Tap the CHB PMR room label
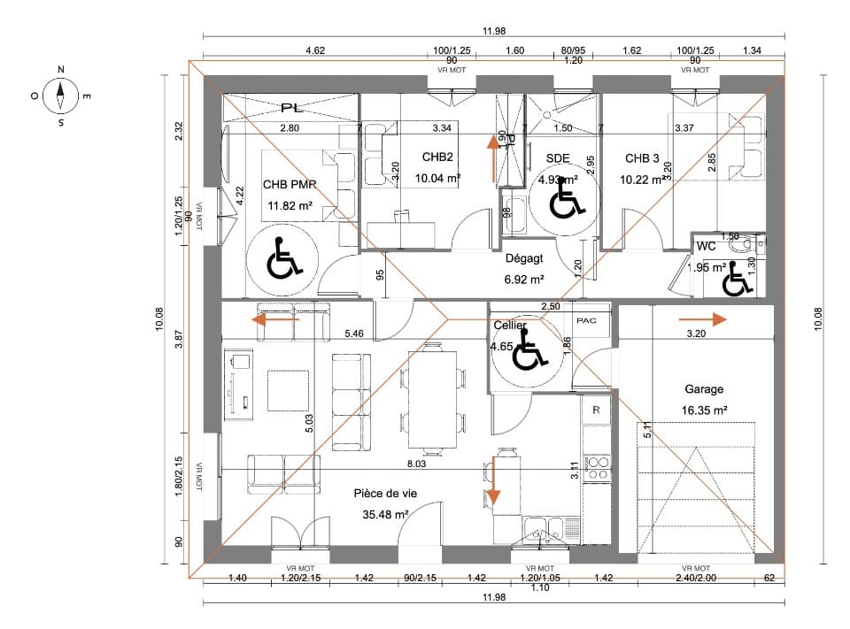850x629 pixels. [x=290, y=186]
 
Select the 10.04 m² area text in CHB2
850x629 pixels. [x=437, y=178]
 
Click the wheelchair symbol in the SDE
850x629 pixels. [x=563, y=198]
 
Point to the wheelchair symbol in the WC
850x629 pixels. [x=734, y=280]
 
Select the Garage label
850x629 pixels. [x=704, y=388]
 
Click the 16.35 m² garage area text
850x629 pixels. [x=704, y=410]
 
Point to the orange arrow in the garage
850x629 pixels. [x=699, y=319]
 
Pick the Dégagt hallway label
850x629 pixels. [x=523, y=259]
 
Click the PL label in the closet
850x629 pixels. [x=290, y=108]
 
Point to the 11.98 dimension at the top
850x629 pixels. [x=494, y=31]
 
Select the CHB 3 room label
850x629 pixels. [x=642, y=159]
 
